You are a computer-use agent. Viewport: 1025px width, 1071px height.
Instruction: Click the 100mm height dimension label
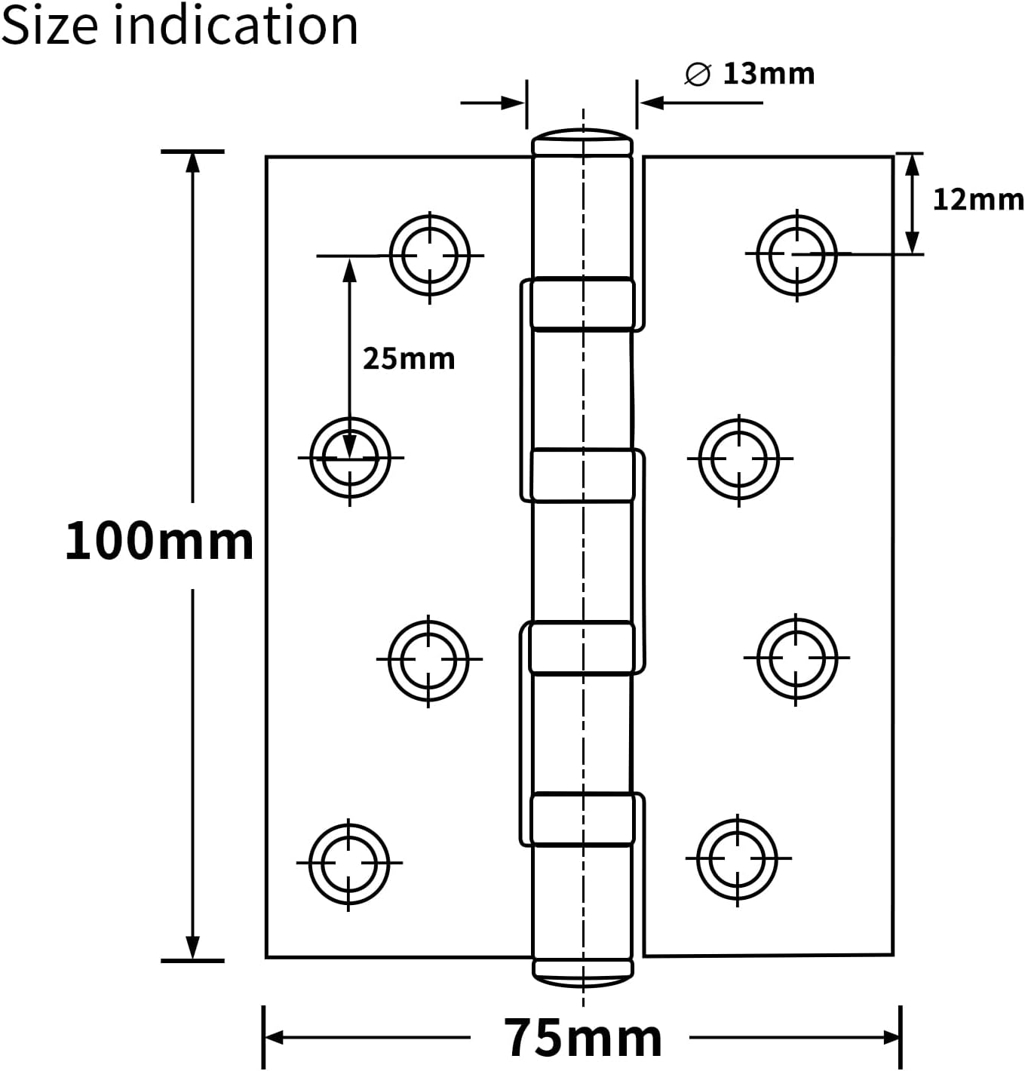159,541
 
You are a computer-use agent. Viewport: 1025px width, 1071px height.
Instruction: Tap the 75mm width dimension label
582,1037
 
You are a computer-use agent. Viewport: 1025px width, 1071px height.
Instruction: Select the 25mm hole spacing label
409,359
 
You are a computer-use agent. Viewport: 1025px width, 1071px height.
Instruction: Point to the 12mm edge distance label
978,199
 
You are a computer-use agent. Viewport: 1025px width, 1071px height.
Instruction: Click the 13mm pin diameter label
769,74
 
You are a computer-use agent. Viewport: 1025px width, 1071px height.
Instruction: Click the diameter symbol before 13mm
698,75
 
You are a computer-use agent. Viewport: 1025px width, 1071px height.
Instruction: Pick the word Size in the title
50,26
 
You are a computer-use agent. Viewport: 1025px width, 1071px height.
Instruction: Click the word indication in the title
236,25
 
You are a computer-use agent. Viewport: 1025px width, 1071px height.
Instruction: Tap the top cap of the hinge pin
582,142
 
